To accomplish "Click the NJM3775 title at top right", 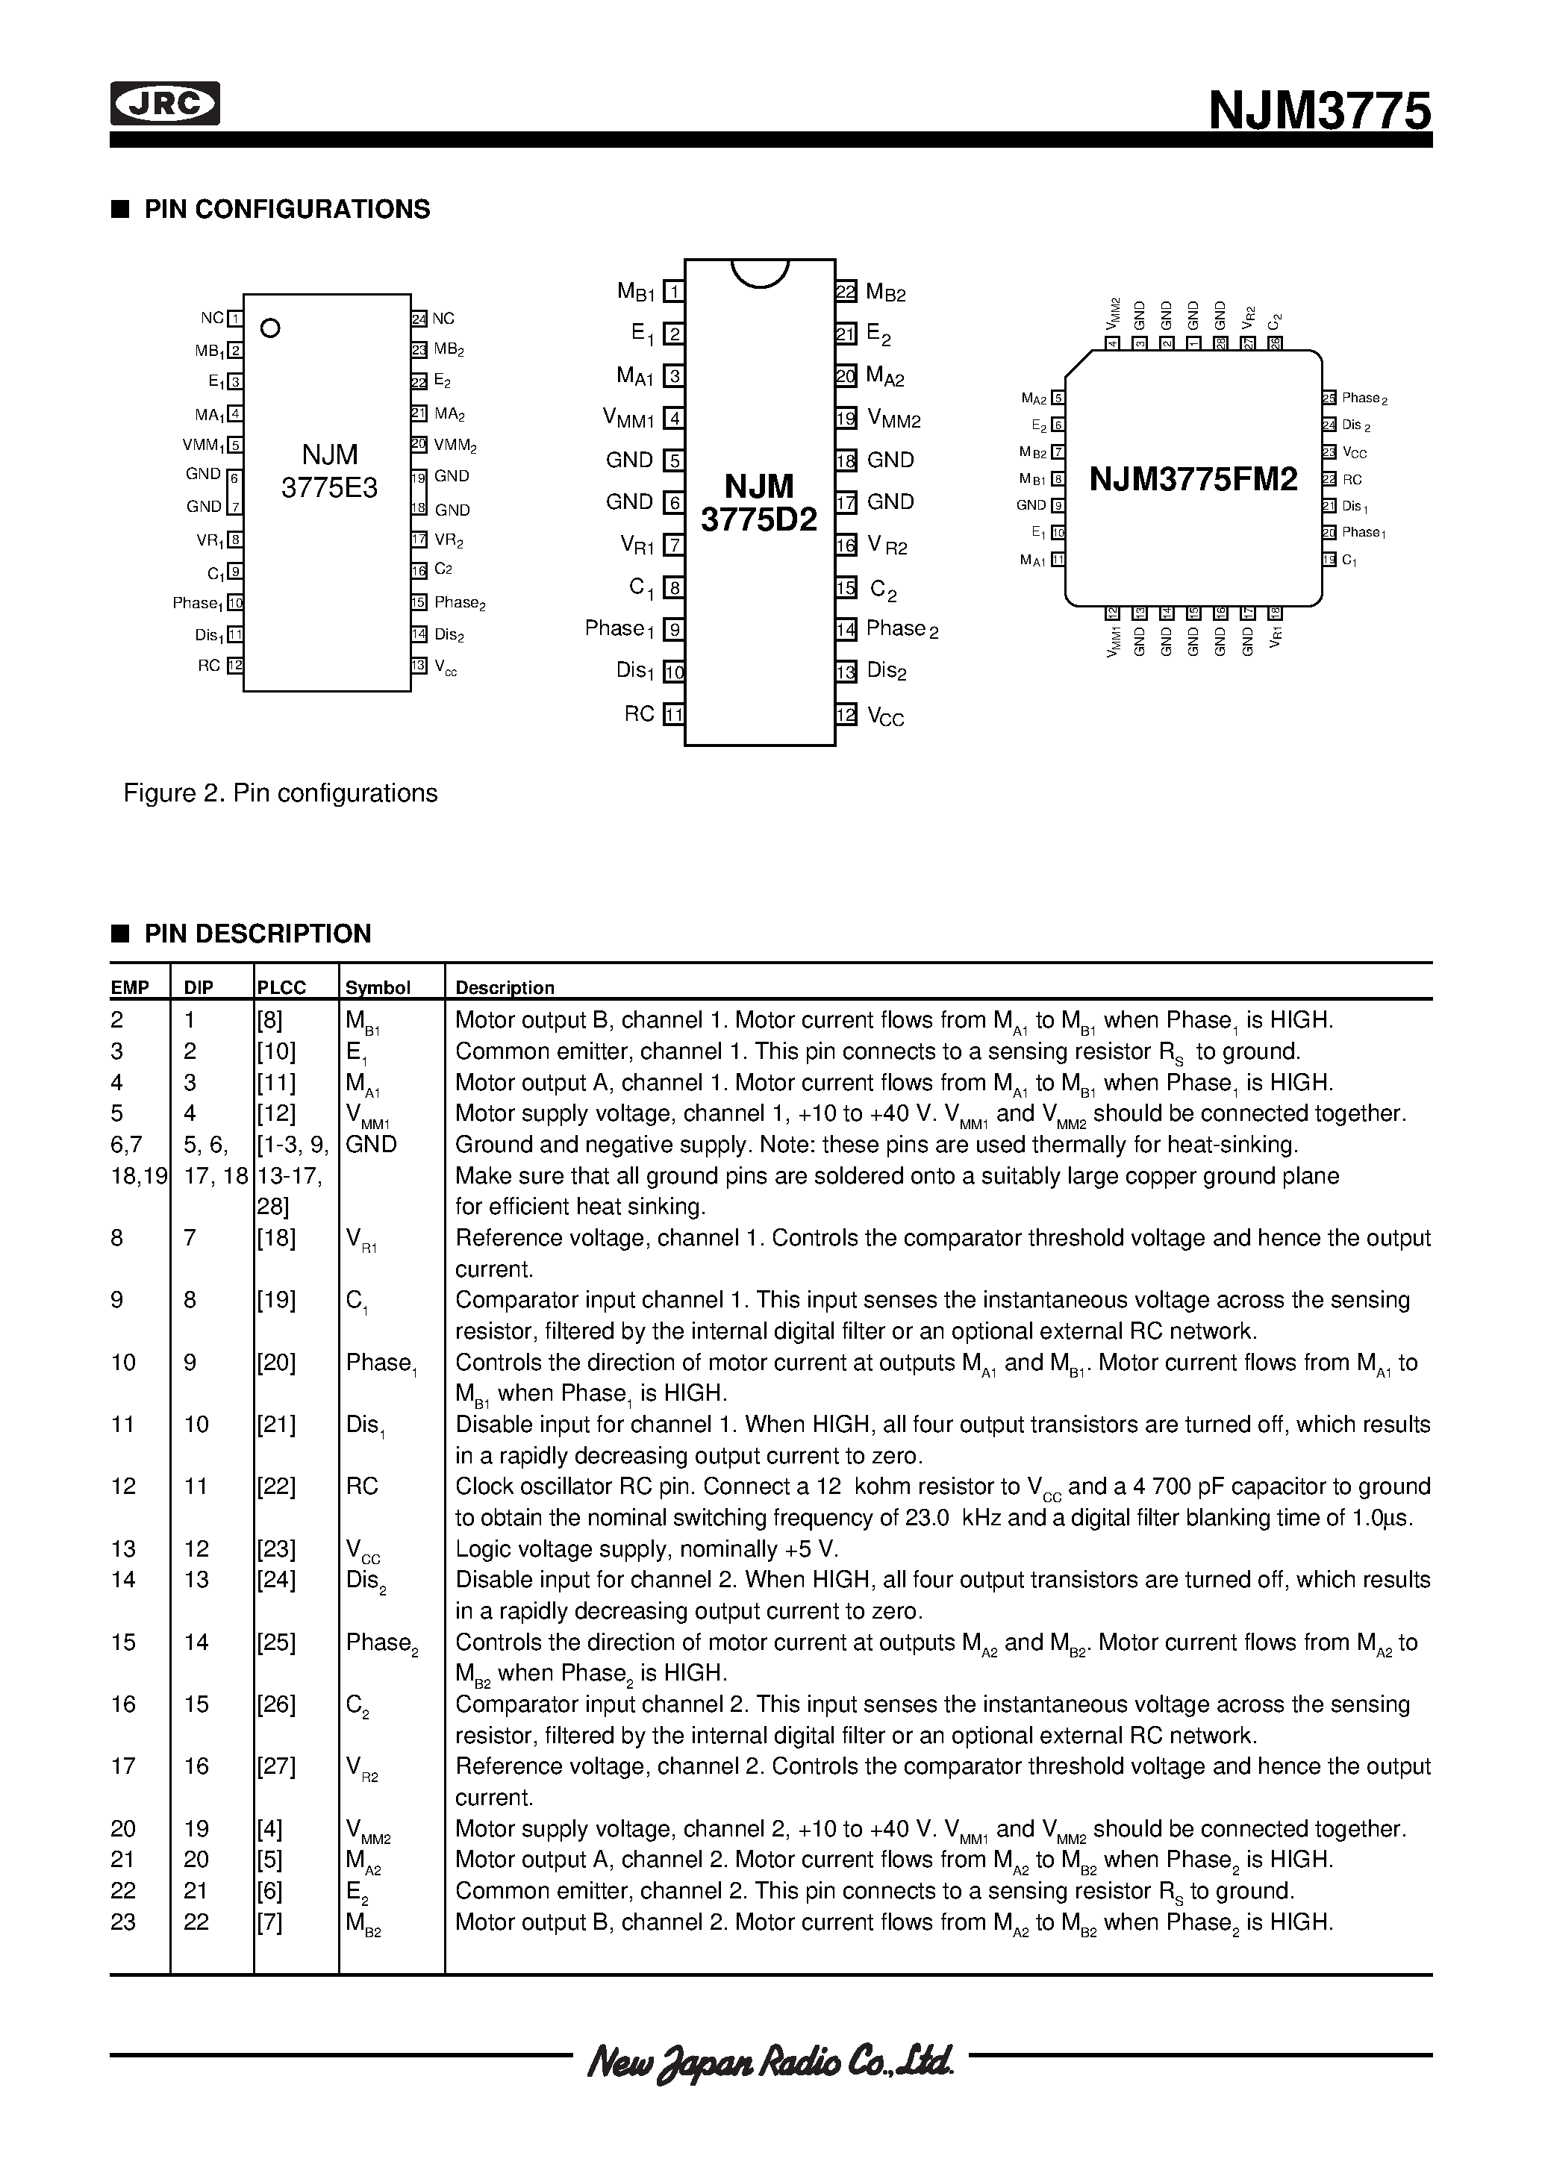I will pos(1319,111).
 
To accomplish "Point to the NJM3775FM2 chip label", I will pos(1193,479).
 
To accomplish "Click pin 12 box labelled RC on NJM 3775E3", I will pos(235,665).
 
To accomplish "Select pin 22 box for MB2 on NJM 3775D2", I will pos(845,292).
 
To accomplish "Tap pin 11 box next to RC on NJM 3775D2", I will pos(674,713).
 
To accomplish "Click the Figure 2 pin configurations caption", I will pos(281,793).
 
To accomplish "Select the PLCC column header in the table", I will pos(281,987).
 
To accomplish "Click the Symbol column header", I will pos(378,987).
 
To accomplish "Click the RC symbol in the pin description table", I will pos(361,1487).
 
